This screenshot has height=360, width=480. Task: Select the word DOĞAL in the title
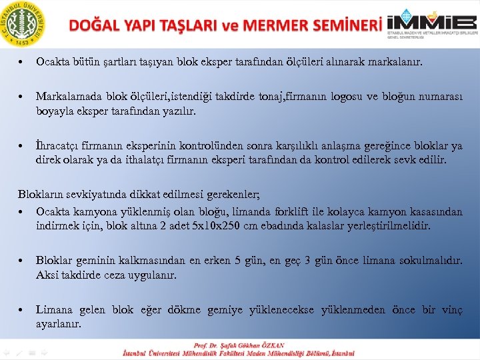(x=95, y=25)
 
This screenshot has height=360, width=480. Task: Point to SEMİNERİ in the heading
(x=347, y=25)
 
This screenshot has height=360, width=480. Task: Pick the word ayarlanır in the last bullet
(x=59, y=324)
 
